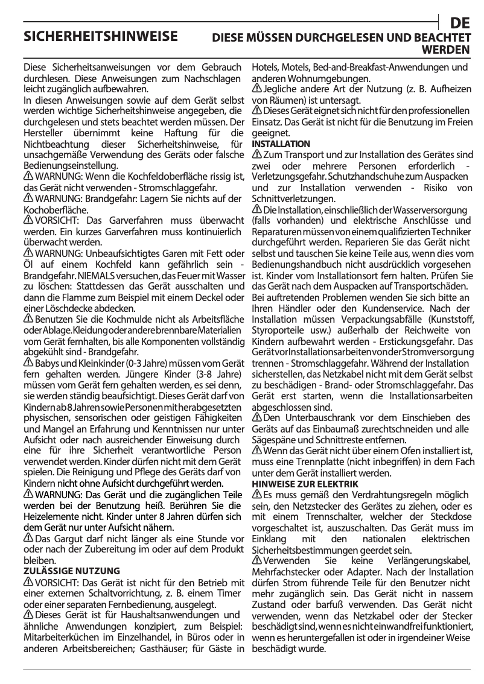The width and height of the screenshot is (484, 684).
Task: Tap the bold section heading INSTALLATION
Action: (x=281, y=144)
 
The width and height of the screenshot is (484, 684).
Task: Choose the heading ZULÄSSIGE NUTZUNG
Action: (x=71, y=570)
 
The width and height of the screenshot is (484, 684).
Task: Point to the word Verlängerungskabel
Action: (x=431, y=560)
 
